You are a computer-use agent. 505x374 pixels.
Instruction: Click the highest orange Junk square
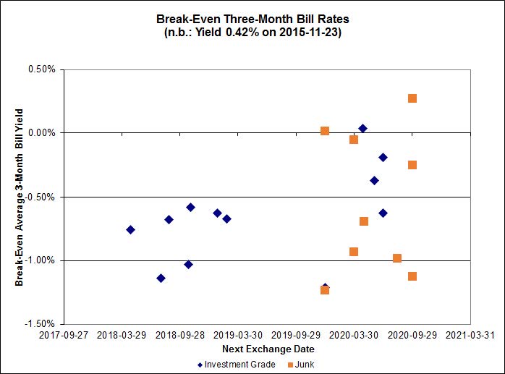tap(412, 98)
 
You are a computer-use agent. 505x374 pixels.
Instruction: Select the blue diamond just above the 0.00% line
tap(362, 129)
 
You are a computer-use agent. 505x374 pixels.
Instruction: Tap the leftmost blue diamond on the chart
tap(130, 229)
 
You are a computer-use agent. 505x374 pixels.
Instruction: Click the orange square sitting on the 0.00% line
tap(325, 131)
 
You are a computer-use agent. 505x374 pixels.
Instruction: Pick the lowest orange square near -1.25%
tap(325, 290)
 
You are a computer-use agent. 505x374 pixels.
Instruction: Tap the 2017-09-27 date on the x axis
tap(64, 336)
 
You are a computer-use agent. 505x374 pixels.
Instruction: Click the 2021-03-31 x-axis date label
tap(470, 336)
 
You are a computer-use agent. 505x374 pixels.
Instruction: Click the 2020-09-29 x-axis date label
tap(412, 336)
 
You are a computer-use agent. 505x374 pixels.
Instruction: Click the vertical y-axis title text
tap(20, 197)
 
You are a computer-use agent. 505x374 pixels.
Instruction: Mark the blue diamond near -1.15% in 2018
tap(161, 279)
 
